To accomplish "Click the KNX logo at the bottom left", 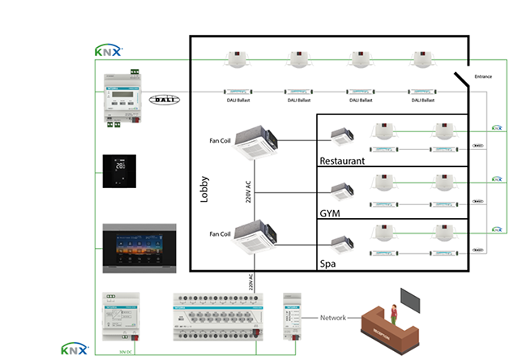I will (75, 349).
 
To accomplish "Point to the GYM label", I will (331, 213).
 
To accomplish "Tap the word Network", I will (334, 318).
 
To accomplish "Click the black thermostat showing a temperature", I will (119, 170).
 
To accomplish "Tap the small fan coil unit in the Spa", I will (340, 242).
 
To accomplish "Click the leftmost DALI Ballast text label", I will (237, 101).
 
